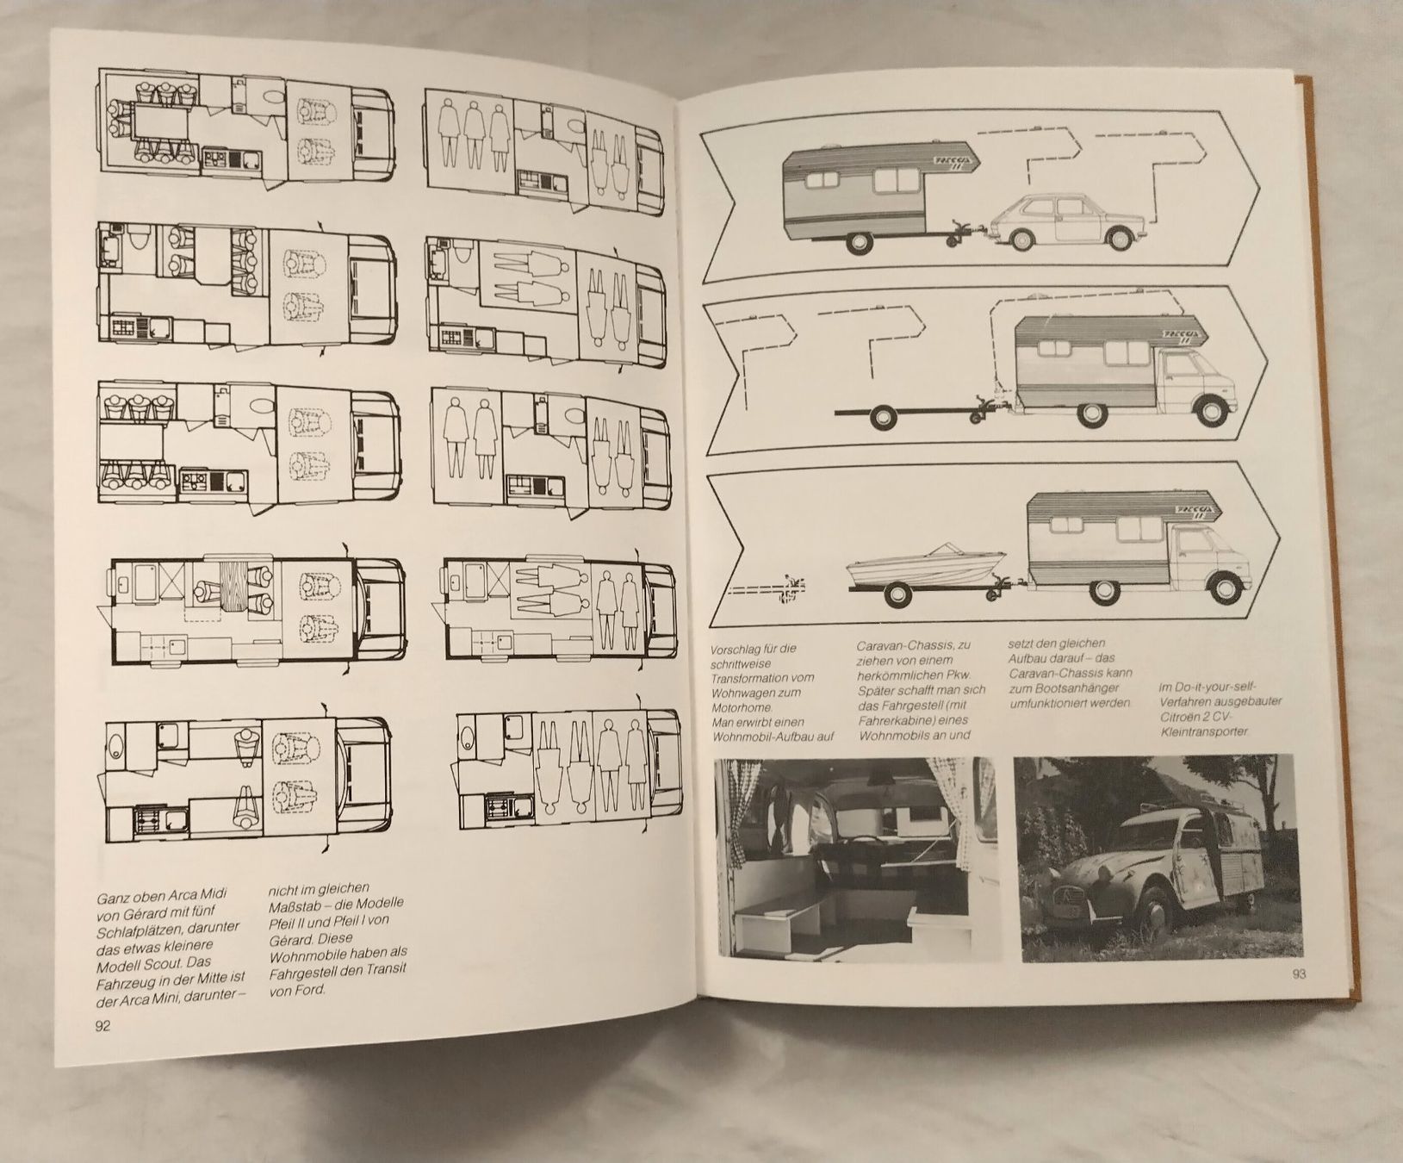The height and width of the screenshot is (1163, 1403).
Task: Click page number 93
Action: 1299,975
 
